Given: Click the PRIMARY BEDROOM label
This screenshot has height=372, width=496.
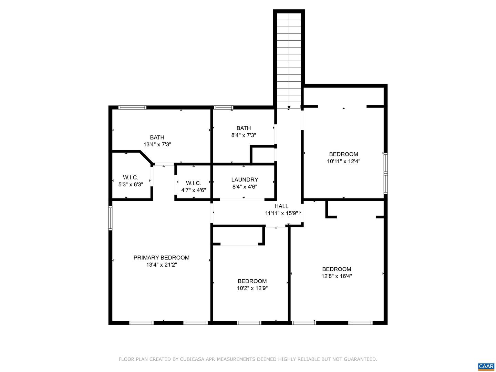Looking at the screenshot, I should click(x=161, y=258).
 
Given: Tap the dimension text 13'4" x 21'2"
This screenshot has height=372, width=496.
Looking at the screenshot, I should click(x=161, y=265).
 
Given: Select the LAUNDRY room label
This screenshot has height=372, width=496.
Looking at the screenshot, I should click(x=245, y=179).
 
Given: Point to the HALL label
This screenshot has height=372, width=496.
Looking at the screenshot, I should click(x=281, y=206).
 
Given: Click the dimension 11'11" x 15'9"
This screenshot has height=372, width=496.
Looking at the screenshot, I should click(x=281, y=213).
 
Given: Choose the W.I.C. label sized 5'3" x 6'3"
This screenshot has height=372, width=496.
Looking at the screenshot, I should click(x=131, y=177).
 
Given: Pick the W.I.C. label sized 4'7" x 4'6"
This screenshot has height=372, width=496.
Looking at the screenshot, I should click(x=194, y=183).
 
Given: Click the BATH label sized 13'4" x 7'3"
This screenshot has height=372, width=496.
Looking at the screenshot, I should click(x=157, y=137).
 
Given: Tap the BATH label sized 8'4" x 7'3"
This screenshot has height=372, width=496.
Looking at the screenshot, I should click(x=244, y=128).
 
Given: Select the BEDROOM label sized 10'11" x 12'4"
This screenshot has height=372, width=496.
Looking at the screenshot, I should click(x=343, y=154).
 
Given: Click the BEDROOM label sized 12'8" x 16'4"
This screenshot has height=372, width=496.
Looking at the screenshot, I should click(x=337, y=269).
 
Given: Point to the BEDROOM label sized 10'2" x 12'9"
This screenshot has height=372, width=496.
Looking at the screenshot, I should click(x=252, y=281).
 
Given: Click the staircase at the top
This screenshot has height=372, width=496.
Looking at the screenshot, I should click(x=289, y=59).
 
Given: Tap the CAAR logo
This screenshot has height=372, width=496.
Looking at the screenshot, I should click(x=486, y=366).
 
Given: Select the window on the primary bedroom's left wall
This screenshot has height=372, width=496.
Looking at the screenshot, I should click(x=110, y=218).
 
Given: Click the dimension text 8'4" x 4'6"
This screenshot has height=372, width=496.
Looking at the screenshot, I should click(x=245, y=187).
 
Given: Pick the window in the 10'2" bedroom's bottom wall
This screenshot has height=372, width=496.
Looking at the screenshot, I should click(x=249, y=323).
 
